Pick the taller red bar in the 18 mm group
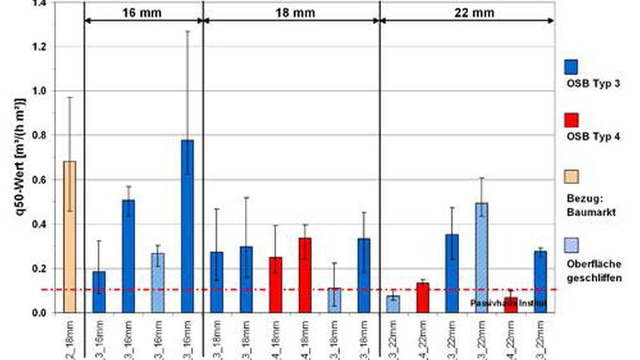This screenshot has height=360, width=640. (304, 274)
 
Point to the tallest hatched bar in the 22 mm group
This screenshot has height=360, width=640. (482, 257)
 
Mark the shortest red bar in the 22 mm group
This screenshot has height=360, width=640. (510, 304)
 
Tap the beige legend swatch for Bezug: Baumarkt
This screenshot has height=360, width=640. (572, 176)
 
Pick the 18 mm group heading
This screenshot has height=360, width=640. (290, 14)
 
